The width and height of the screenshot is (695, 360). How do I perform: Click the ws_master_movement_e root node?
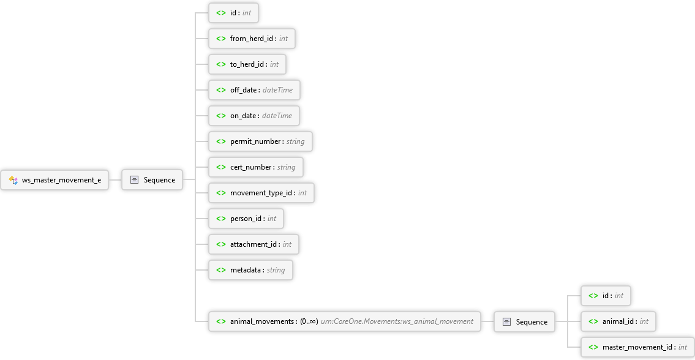pos(55,180)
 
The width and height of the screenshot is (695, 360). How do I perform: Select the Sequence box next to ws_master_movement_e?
pos(152,180)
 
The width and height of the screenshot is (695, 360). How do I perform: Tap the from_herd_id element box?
pos(252,39)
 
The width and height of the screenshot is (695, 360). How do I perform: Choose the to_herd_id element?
pos(247,64)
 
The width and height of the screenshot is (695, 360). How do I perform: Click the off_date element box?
pos(254,90)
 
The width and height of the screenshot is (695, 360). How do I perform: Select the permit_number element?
pos(260,141)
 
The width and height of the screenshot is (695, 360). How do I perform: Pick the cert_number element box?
pos(255,167)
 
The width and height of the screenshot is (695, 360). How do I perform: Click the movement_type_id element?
pos(261,193)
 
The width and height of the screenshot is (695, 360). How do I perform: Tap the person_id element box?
pos(246,219)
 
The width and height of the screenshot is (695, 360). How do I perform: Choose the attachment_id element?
pos(254,244)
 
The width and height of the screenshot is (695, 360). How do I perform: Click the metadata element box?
pos(250,270)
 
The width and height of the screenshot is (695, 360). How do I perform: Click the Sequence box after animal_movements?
pos(524,321)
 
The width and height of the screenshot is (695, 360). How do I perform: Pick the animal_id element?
pos(618,321)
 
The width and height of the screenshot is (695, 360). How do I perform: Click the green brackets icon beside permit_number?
pos(220,141)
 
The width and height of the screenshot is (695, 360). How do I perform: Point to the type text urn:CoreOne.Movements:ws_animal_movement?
pos(397,321)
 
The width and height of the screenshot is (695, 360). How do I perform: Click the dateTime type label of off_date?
pos(277,90)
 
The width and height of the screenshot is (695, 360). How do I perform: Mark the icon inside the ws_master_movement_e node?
pos(13,180)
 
